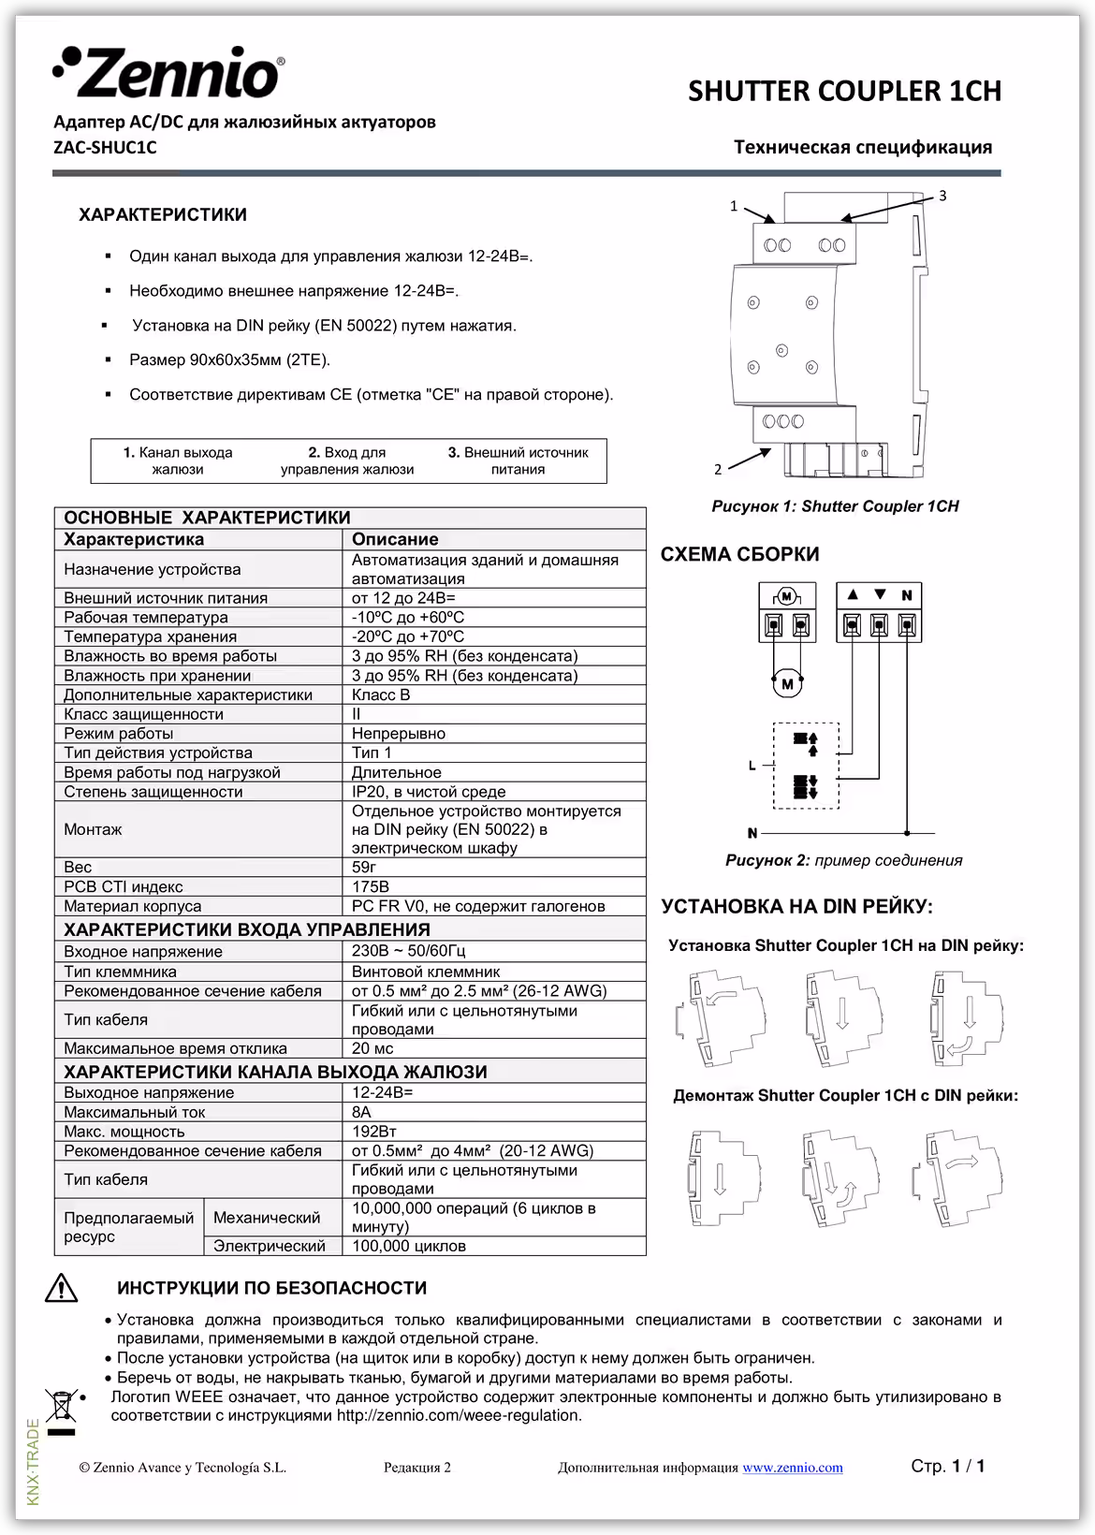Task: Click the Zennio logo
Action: [x=168, y=73]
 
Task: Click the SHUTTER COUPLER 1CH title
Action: [x=844, y=91]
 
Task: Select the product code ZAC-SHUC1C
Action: [x=105, y=147]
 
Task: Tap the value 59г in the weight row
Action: [x=364, y=867]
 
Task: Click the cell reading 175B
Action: [x=371, y=886]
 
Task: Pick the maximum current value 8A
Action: [x=361, y=1112]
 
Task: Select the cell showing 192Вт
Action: [x=373, y=1132]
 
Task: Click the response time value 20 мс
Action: [x=372, y=1048]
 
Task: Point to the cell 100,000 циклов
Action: [x=408, y=1246]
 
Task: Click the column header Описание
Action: [x=395, y=539]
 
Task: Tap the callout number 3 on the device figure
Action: [x=942, y=196]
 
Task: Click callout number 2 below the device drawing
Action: [x=718, y=470]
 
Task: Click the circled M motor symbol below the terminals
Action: [x=787, y=684]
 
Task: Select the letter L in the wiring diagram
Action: [x=752, y=766]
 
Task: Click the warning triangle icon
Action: [x=62, y=1289]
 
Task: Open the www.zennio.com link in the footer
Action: [x=792, y=1468]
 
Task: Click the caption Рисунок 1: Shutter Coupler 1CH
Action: [x=835, y=506]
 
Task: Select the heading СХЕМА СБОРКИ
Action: [x=739, y=554]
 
